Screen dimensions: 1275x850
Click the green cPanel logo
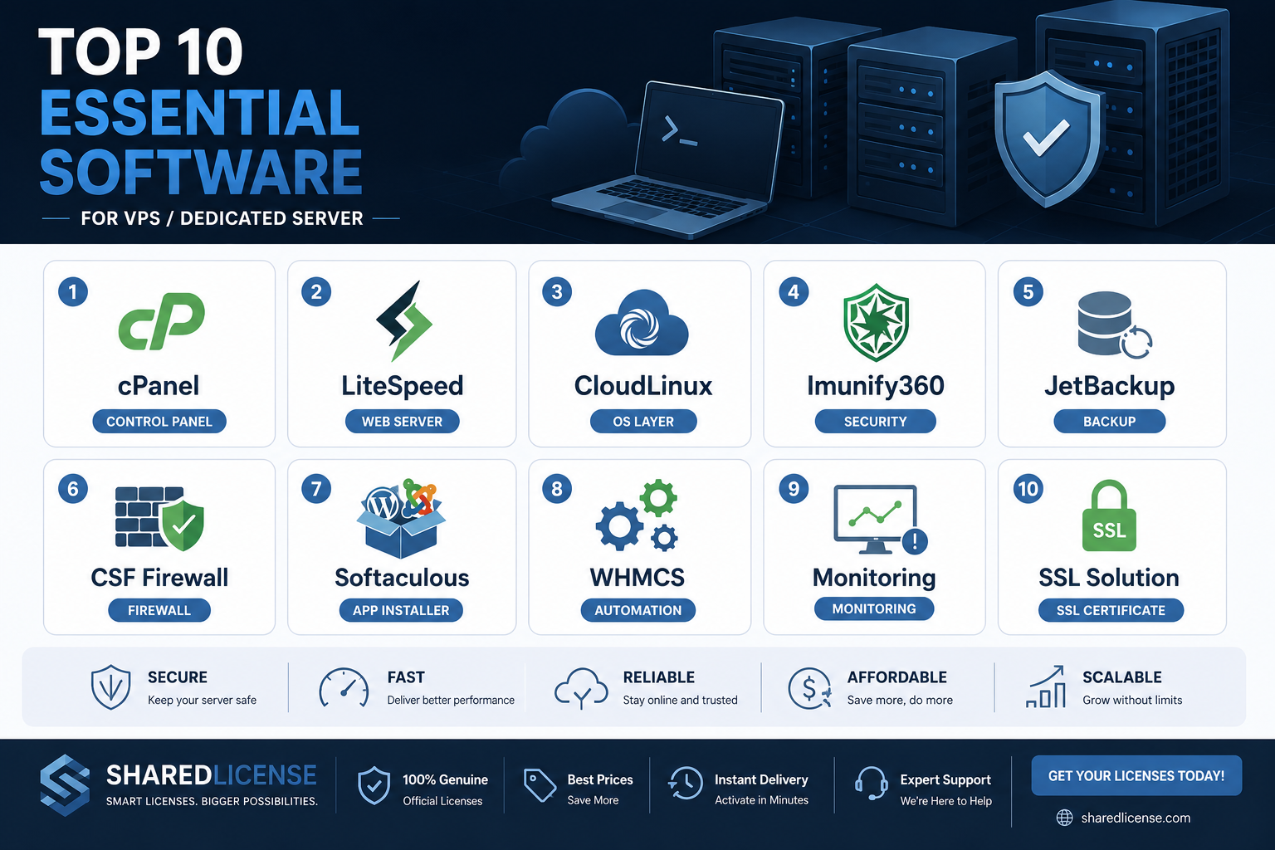coord(161,321)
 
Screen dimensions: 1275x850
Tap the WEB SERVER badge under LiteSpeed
coord(402,422)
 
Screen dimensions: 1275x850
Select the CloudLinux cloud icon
coord(642,323)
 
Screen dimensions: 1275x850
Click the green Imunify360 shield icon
coord(876,322)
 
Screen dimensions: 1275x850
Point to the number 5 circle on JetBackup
coord(1028,292)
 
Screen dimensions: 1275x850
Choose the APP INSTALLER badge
coord(401,610)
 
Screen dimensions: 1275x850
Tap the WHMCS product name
coord(637,577)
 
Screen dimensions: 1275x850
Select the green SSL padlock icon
coord(1109,515)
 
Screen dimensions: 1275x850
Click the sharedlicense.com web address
coord(1136,818)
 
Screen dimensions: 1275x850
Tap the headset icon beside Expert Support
coord(871,784)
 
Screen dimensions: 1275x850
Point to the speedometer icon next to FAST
coord(344,687)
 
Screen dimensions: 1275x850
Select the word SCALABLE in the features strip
coord(1122,677)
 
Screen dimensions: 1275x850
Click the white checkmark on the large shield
coord(1046,137)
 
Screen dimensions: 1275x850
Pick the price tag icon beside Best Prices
coord(539,785)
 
